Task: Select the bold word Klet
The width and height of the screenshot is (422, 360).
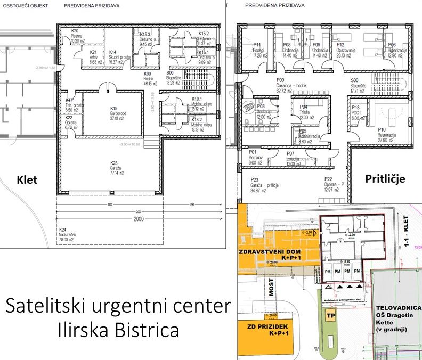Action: coord(26,179)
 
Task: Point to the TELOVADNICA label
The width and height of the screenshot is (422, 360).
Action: coord(398,308)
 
